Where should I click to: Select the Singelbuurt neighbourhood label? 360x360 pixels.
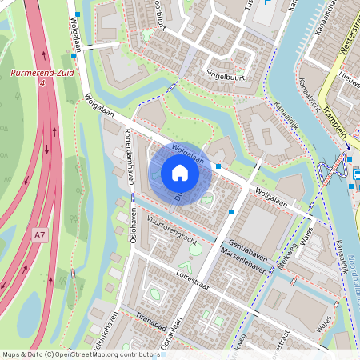tap(226, 78)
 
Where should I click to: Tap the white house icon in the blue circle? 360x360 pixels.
tap(180, 173)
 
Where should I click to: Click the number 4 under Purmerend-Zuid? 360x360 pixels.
tap(41, 82)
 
